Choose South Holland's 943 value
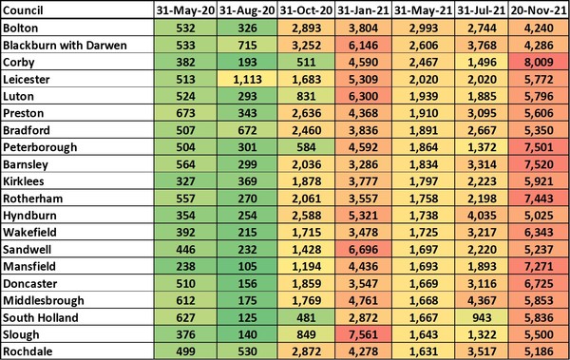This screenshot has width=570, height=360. (484, 318)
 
